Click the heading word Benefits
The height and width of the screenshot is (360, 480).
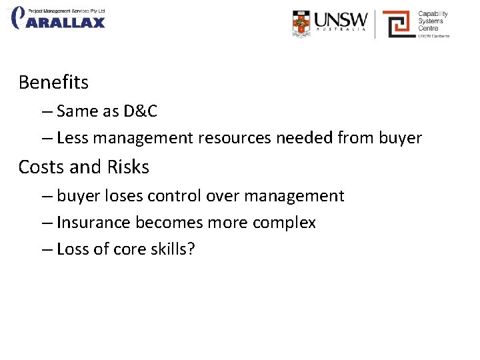53,83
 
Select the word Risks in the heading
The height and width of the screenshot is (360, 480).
127,167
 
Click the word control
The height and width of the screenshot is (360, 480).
175,196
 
